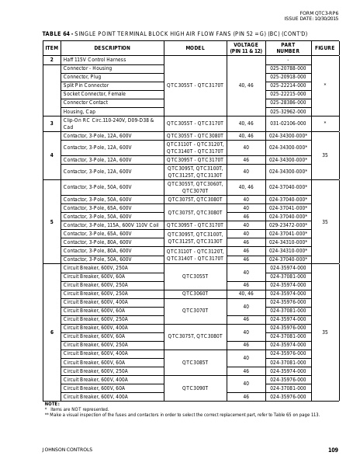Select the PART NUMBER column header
[288, 47]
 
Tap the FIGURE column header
[324, 47]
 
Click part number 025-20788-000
[288, 68]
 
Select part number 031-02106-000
[288, 123]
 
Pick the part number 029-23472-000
[288, 224]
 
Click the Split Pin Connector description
[86, 85]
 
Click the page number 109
[333, 450]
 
